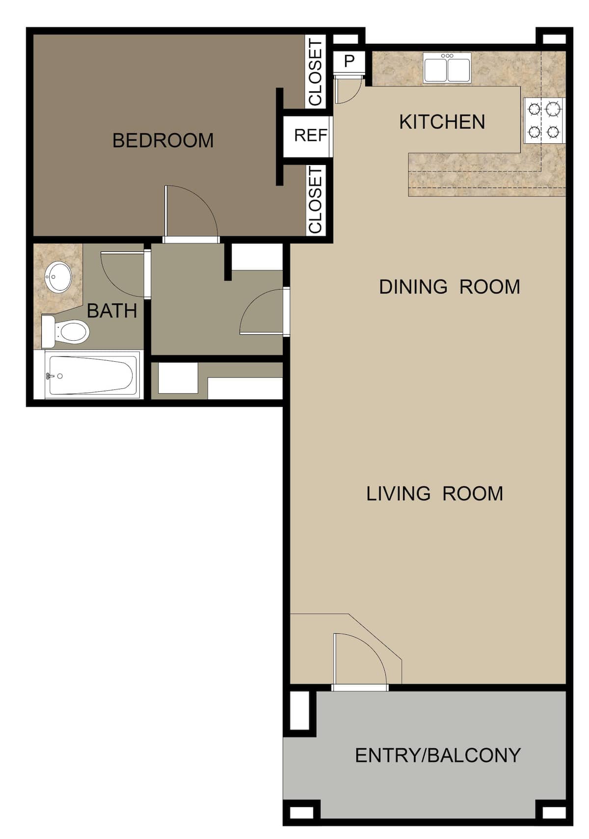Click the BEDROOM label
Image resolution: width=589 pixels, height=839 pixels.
coord(163,141)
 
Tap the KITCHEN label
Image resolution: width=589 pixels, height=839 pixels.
coord(442,122)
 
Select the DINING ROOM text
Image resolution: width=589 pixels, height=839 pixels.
coord(449,287)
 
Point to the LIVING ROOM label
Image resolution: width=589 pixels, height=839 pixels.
coord(434,494)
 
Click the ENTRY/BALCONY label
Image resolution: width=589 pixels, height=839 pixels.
coord(437,755)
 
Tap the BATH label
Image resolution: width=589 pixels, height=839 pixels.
coord(112,311)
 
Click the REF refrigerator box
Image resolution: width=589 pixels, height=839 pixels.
coord(310,135)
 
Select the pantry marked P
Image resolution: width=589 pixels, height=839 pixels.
coord(349,61)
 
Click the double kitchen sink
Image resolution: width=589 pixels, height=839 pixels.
coord(447,68)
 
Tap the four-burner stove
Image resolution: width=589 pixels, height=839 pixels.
coord(544,120)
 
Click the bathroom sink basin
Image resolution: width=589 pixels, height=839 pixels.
coord(58,277)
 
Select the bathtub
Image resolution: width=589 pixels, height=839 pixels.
coord(91,375)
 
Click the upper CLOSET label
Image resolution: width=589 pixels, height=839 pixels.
coord(316,72)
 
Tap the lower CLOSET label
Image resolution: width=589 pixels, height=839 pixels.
coord(316,199)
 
